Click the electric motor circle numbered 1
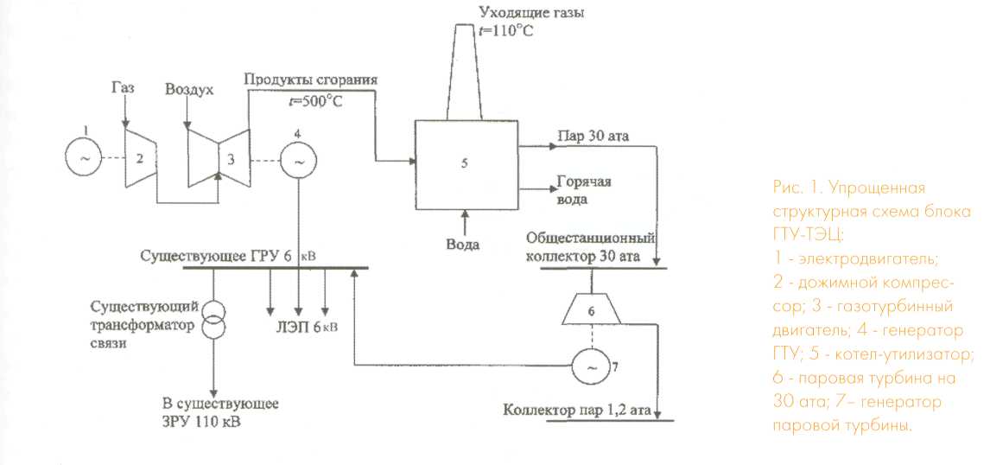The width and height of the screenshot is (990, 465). pos(84,158)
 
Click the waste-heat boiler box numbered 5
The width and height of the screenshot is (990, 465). pos(466,162)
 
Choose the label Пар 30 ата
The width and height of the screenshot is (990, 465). pos(588,136)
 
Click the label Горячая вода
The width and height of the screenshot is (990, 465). pos(584,191)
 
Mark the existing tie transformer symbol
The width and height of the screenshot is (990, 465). pos(213,320)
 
